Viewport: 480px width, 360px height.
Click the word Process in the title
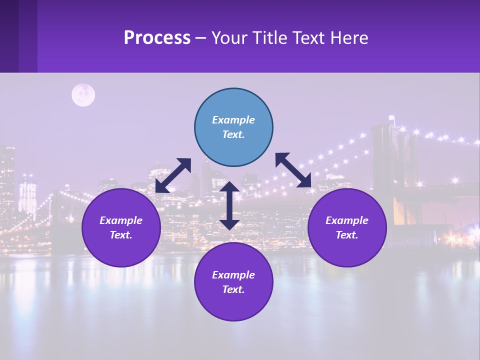point(157,38)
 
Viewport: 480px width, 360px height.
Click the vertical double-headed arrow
point(229,205)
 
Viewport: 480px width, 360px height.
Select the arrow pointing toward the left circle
point(173,175)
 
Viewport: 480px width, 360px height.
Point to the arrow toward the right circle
point(293,170)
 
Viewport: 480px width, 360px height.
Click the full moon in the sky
point(83,95)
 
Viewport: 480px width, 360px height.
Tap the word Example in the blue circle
point(233,120)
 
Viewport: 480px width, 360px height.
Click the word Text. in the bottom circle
point(233,289)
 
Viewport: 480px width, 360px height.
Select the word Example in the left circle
point(121,220)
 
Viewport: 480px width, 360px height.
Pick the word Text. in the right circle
point(347,235)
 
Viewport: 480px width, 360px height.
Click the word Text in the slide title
point(301,38)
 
